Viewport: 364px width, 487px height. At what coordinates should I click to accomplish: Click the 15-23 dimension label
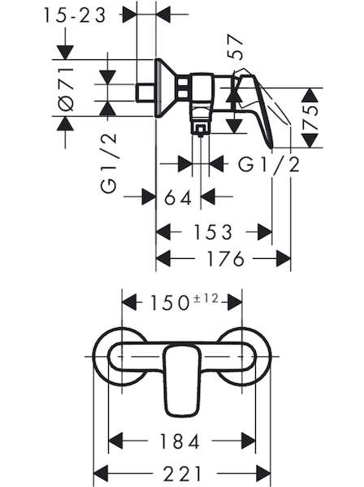pyautogui.click(x=75, y=15)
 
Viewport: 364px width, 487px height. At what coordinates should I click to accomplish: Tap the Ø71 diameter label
pyautogui.click(x=66, y=89)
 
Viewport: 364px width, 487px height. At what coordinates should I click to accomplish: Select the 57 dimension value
pyautogui.click(x=235, y=47)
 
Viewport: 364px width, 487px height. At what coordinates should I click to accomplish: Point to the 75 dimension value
pyautogui.click(x=310, y=119)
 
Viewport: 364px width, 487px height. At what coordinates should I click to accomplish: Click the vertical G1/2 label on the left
pyautogui.click(x=109, y=164)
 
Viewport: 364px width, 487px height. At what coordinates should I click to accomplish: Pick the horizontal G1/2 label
pyautogui.click(x=269, y=164)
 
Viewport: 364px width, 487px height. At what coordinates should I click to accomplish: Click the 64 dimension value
pyautogui.click(x=178, y=197)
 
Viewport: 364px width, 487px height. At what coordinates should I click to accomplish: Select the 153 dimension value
pyautogui.click(x=213, y=232)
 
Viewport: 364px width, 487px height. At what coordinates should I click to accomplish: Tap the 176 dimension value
pyautogui.click(x=226, y=258)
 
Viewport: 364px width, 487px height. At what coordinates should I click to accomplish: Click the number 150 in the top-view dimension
pyautogui.click(x=170, y=303)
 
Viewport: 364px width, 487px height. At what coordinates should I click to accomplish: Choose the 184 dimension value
pyautogui.click(x=180, y=441)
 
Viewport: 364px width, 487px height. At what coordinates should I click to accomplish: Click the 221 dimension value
pyautogui.click(x=183, y=474)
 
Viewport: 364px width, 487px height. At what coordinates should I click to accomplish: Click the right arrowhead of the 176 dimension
pyautogui.click(x=284, y=258)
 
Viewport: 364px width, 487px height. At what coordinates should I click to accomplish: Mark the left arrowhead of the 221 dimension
pyautogui.click(x=101, y=474)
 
